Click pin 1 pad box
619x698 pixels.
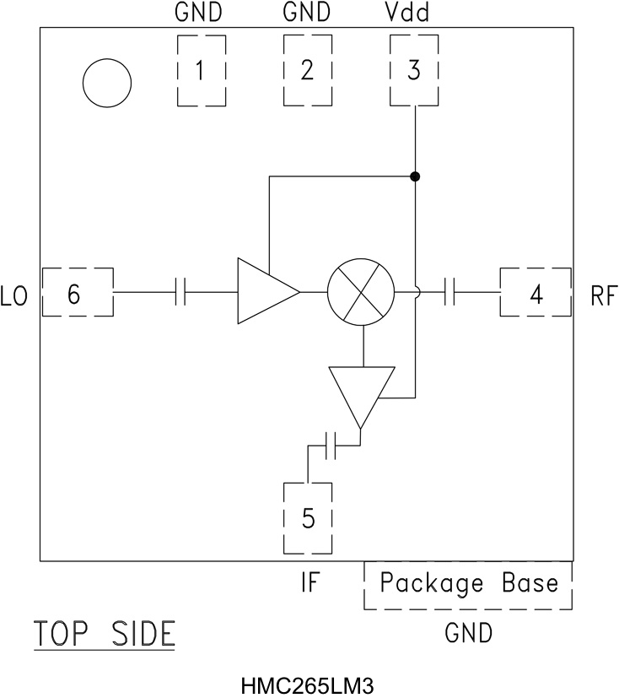(201, 71)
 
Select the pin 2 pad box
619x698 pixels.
(307, 71)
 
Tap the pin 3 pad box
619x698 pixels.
(413, 71)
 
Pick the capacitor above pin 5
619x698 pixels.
(331, 445)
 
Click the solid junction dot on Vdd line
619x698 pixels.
(415, 176)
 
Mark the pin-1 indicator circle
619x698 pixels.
(107, 83)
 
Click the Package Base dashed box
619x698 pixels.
(468, 584)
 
